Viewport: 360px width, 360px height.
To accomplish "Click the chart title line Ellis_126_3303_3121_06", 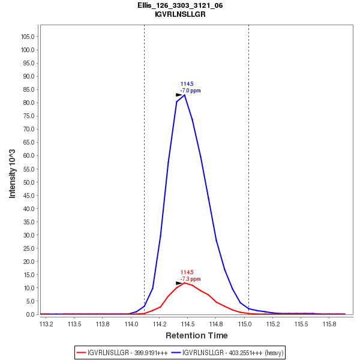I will (180, 5).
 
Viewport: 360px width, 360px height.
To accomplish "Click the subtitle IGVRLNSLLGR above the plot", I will (180, 14).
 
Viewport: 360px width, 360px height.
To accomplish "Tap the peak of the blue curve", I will (184, 95).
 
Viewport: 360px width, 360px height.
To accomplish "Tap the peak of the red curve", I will (185, 282).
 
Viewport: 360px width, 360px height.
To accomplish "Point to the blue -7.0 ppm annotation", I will (191, 91).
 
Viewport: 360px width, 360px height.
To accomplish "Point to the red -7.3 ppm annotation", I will (191, 279).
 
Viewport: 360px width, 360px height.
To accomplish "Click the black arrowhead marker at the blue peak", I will (179, 95).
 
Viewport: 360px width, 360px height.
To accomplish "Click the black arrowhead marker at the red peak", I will (179, 283).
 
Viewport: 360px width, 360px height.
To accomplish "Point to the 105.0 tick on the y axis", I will (28, 37).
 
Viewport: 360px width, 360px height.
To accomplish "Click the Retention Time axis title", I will (196, 335).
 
